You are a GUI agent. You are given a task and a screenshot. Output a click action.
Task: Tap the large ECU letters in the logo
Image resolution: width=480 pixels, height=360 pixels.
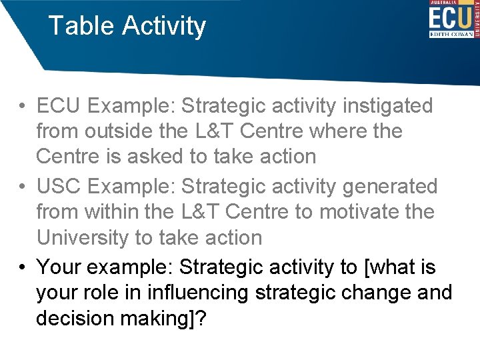click(449, 16)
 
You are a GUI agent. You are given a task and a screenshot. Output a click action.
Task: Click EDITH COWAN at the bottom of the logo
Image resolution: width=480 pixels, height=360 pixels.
click(450, 34)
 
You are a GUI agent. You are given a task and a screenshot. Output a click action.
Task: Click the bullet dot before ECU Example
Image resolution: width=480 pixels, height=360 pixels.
click(23, 106)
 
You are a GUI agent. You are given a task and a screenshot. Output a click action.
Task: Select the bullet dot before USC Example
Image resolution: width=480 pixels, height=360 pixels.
click(23, 187)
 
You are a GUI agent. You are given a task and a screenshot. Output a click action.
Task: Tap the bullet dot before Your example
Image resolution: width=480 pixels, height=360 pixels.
click(23, 267)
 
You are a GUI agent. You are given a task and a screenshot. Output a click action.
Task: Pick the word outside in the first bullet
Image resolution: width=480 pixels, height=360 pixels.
click(121, 131)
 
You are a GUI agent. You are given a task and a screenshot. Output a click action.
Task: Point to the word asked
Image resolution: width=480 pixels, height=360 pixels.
click(162, 157)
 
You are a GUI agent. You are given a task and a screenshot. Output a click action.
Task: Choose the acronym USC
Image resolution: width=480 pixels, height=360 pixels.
click(61, 186)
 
